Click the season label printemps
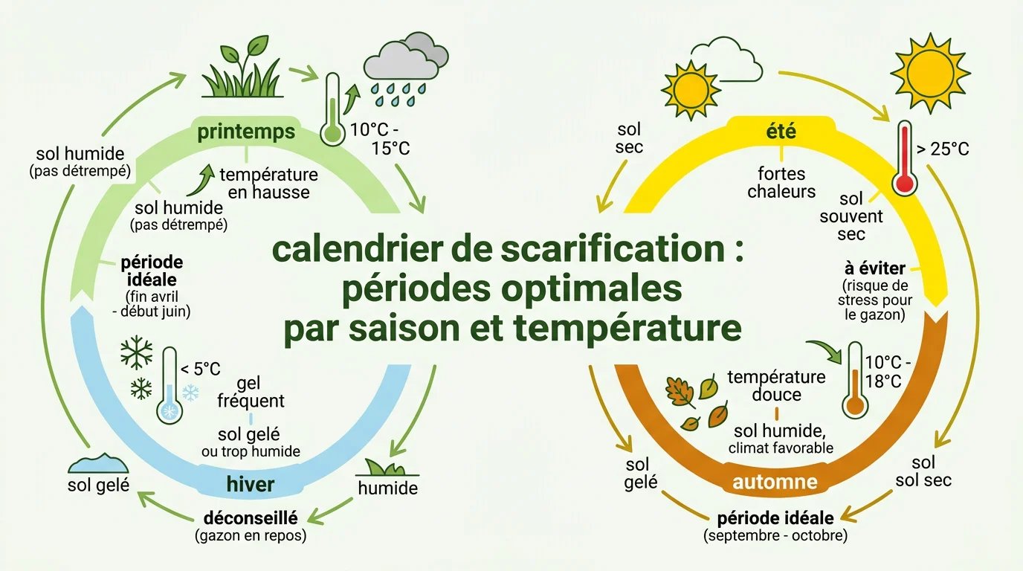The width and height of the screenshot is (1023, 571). [246, 132]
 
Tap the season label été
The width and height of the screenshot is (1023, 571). [780, 132]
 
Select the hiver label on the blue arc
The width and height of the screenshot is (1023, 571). [250, 485]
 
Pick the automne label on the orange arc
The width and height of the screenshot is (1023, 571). [775, 482]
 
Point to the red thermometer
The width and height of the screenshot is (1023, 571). [904, 158]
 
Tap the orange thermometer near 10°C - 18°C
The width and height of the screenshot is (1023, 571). [854, 381]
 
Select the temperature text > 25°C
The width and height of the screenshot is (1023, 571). [943, 149]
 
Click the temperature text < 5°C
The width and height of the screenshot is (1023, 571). [200, 368]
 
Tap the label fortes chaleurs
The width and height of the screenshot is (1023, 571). [781, 182]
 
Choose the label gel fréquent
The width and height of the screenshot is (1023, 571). [250, 393]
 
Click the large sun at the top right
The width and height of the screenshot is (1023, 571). [930, 73]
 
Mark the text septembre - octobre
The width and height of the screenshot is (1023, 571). [775, 535]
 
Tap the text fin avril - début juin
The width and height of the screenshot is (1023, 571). [158, 305]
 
